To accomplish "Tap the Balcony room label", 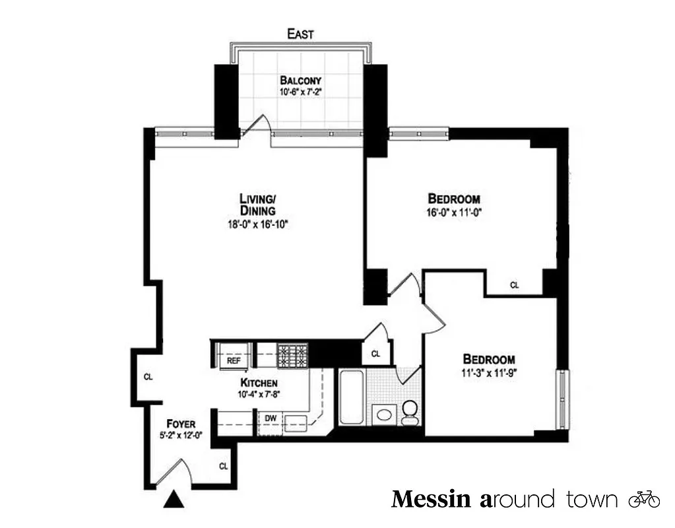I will point(300,81).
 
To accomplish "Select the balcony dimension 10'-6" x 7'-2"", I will point(300,93).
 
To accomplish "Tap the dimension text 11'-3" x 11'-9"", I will point(489,374).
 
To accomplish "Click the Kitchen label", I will point(259,383).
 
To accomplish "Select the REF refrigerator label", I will point(234,361).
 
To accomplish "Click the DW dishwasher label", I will point(271,418).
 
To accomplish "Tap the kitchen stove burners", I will point(293,356).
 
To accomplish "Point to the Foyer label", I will point(180,423).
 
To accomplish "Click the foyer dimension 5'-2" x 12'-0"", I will point(180,435).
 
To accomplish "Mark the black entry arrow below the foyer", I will point(174,500).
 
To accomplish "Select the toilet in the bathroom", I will point(410,412).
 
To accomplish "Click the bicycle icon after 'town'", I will point(644,499).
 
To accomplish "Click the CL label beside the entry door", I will point(224,466).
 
